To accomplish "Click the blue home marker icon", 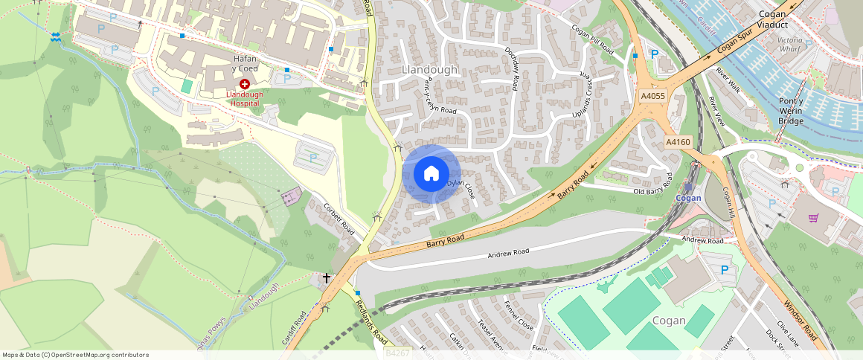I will (x=431, y=174).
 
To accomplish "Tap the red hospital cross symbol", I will (x=245, y=85).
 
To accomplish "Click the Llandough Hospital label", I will (x=245, y=99).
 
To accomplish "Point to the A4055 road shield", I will (x=652, y=96).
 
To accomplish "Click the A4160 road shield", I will (x=678, y=142).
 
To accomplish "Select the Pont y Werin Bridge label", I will (x=790, y=111).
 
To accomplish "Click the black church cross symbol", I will (x=326, y=278).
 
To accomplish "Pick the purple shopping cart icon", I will (x=813, y=218).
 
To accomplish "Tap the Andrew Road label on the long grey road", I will (x=508, y=253).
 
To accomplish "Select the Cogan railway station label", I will (x=689, y=198).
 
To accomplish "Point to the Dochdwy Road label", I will (x=511, y=69).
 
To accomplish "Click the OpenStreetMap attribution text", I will (x=75, y=355).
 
